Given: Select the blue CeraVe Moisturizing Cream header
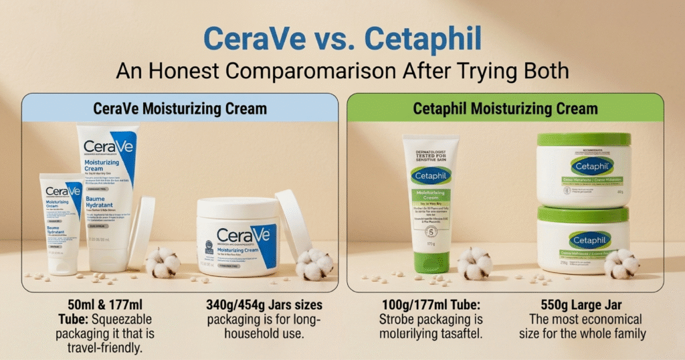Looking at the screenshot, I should (x=179, y=108).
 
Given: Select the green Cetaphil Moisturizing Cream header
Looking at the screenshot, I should (x=505, y=108).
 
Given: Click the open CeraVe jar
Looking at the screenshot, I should (x=238, y=238).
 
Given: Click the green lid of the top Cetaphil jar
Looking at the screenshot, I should (x=584, y=140).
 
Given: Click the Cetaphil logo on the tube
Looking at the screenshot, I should (x=431, y=175).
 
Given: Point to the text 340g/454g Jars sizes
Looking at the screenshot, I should (x=264, y=306).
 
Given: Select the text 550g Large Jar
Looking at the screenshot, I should (x=585, y=306).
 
